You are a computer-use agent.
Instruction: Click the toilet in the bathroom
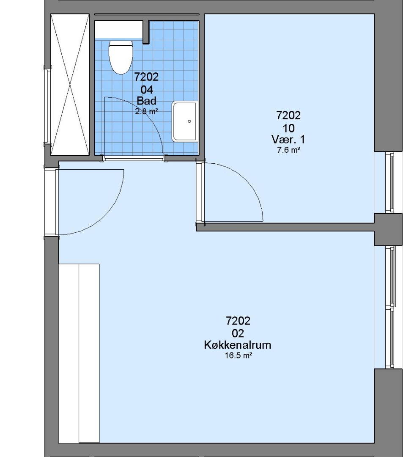click(x=121, y=57)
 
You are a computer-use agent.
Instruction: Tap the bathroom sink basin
click(x=185, y=121)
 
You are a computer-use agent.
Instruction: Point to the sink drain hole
click(x=189, y=121)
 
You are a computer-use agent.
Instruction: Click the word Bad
click(x=146, y=101)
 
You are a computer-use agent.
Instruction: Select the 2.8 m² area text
click(x=146, y=111)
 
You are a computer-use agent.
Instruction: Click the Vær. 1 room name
click(x=288, y=140)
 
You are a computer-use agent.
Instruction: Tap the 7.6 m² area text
click(x=288, y=150)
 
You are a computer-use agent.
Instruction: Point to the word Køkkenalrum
click(x=238, y=345)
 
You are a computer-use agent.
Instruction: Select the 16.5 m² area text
click(x=238, y=355)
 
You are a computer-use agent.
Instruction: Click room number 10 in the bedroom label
click(x=288, y=128)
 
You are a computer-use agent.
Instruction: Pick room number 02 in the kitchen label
click(x=238, y=333)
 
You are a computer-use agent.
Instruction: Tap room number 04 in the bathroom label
click(x=146, y=89)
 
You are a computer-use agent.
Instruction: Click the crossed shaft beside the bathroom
click(x=70, y=85)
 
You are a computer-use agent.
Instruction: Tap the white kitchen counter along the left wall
click(x=79, y=353)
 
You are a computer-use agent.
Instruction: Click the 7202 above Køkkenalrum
click(x=238, y=321)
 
